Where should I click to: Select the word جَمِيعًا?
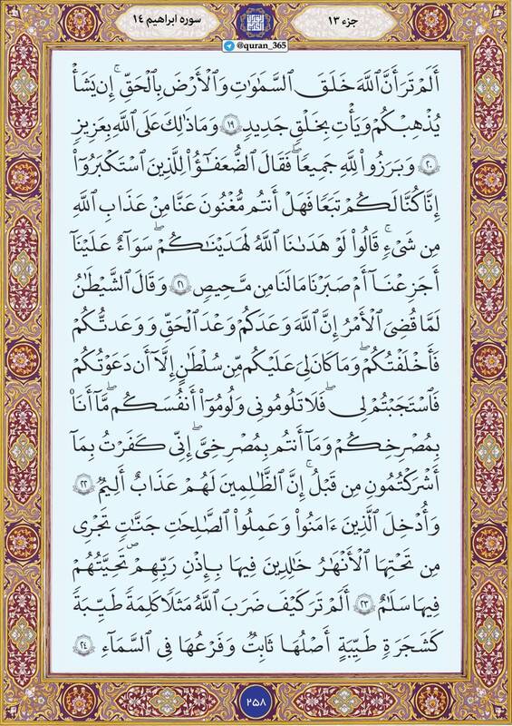coord(362,167)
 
